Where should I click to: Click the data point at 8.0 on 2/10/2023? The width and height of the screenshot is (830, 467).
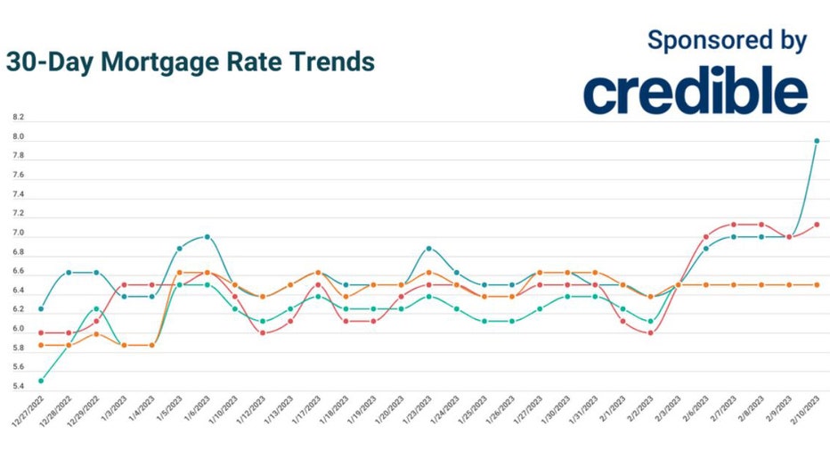coord(816,141)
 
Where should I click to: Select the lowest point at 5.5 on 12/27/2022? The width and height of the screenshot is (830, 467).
coord(41,381)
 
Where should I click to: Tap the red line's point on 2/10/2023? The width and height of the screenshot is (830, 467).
coord(816,225)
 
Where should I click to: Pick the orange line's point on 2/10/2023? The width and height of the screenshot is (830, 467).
coord(816,285)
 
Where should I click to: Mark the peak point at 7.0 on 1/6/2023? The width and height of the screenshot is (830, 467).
coord(207,237)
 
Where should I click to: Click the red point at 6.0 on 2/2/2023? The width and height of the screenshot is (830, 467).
coord(650,332)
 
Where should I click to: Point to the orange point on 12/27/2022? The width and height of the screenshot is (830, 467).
coord(41,345)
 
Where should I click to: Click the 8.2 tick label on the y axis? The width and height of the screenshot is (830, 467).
coord(19,118)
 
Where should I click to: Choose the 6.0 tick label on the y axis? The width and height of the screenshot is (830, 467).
coord(19,332)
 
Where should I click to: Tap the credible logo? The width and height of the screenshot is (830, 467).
coord(696,92)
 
